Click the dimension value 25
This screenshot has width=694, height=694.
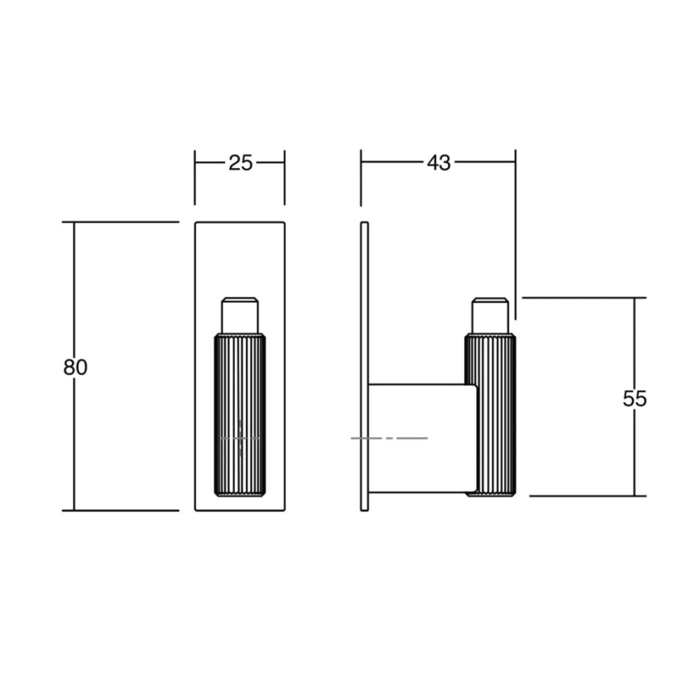240,163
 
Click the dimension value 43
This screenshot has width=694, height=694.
438,163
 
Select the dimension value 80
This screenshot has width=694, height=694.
75,367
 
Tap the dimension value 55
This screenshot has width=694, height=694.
635,399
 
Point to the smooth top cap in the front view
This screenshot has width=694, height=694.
240,315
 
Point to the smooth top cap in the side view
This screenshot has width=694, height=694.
490,315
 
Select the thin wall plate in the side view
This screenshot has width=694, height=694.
365,366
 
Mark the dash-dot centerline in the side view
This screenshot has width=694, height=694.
389,438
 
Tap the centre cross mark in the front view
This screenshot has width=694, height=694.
240,438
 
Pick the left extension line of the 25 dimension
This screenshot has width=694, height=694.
195,181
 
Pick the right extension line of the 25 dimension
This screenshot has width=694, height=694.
285,181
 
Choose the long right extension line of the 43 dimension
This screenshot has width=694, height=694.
515,239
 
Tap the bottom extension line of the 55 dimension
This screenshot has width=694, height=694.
586,496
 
